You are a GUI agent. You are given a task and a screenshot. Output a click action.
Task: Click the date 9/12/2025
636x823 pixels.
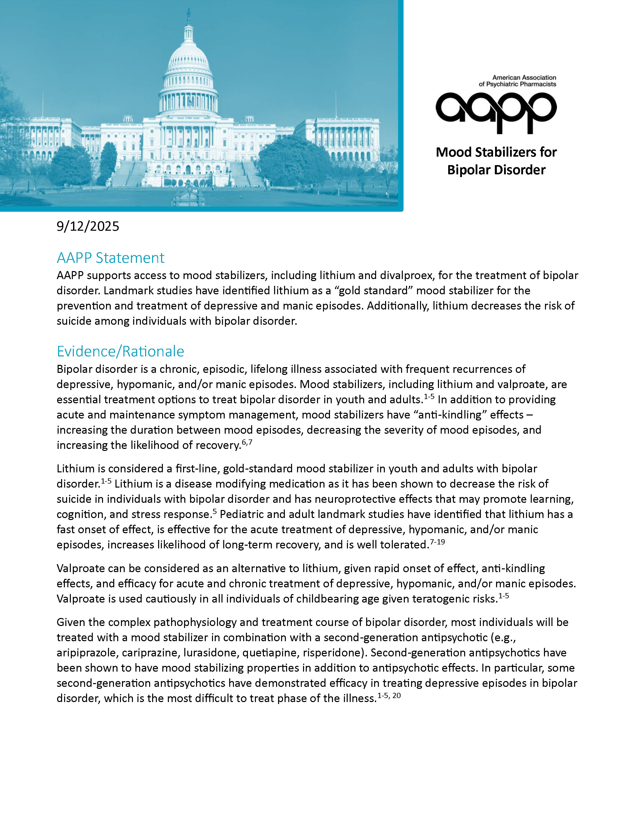tap(88, 226)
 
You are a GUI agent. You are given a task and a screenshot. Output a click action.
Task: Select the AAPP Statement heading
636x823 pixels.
tap(110, 258)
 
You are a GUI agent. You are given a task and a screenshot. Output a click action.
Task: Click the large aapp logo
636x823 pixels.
tap(496, 112)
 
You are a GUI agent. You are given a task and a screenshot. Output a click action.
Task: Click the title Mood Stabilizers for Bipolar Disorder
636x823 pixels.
tap(496, 161)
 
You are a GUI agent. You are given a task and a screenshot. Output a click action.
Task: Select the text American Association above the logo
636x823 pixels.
tap(524, 77)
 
